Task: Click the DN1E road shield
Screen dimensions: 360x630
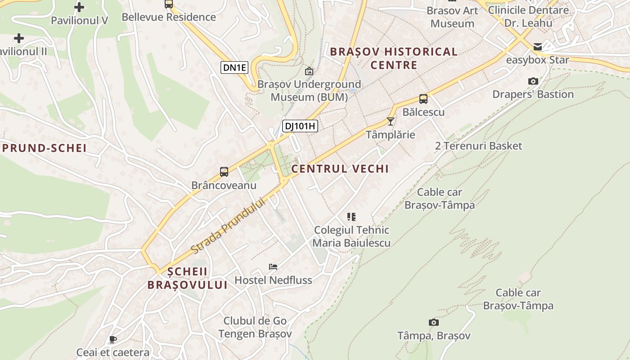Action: tap(235, 67)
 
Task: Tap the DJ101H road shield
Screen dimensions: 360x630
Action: tap(300, 126)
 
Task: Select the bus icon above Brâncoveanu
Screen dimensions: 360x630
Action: tap(224, 171)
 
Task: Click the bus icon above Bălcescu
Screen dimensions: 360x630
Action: tap(423, 99)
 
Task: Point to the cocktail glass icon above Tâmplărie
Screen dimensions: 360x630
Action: tap(391, 121)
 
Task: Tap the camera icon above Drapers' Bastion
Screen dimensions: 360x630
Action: tap(533, 81)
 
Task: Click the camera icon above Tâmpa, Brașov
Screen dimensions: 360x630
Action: tap(434, 322)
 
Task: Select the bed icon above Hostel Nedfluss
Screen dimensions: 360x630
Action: tap(273, 266)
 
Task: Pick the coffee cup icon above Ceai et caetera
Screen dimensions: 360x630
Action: tap(113, 339)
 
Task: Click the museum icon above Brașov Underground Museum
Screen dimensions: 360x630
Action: tap(309, 71)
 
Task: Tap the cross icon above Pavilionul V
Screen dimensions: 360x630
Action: tap(79, 7)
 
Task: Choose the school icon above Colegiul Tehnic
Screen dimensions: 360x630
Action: tap(351, 217)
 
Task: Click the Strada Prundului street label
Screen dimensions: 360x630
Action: tap(227, 225)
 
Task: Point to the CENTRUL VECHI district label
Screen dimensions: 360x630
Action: tap(340, 169)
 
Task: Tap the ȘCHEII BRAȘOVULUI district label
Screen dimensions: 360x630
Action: tap(188, 278)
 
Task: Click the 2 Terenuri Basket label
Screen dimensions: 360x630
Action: tap(479, 146)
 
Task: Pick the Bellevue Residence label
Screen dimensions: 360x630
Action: tap(169, 17)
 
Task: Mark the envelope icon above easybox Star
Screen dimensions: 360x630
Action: tap(538, 47)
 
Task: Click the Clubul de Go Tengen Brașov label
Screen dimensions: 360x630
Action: tap(255, 327)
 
